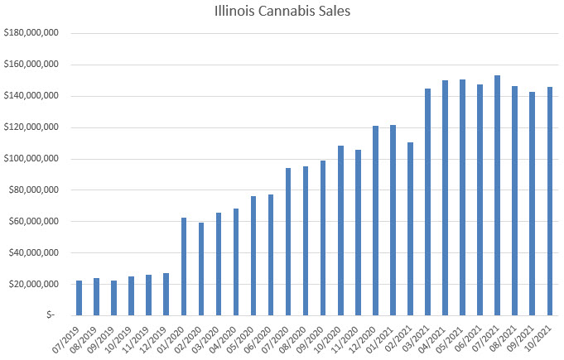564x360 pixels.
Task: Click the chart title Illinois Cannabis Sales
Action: (x=282, y=13)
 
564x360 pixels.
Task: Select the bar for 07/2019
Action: (x=80, y=298)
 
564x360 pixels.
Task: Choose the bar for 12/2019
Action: (x=166, y=294)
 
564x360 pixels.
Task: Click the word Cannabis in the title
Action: (x=286, y=13)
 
